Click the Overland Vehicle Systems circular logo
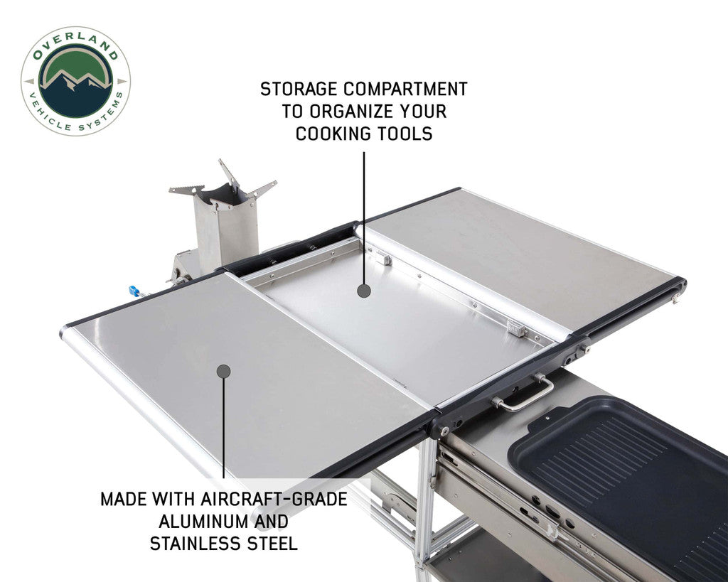75,81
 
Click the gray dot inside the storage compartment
363,291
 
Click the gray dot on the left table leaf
223,371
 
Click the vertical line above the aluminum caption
223,426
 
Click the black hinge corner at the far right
679,288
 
